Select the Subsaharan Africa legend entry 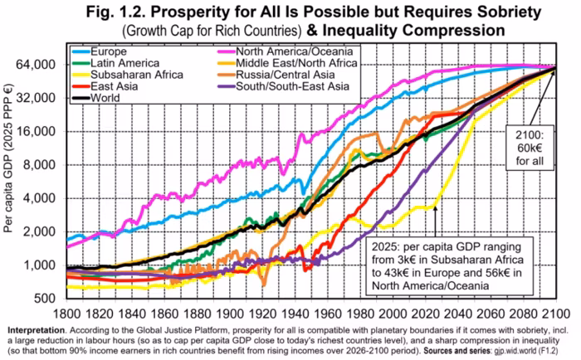click(128, 75)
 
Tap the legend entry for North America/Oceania click(285, 51)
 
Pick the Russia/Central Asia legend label click(276, 75)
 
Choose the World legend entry click(96, 98)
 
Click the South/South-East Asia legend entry click(283, 86)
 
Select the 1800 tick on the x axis click(66, 314)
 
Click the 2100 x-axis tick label click(556, 314)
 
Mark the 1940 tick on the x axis click(295, 314)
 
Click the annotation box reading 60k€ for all click(530, 148)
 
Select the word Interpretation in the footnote click(37, 330)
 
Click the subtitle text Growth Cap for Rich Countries click(212, 32)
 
